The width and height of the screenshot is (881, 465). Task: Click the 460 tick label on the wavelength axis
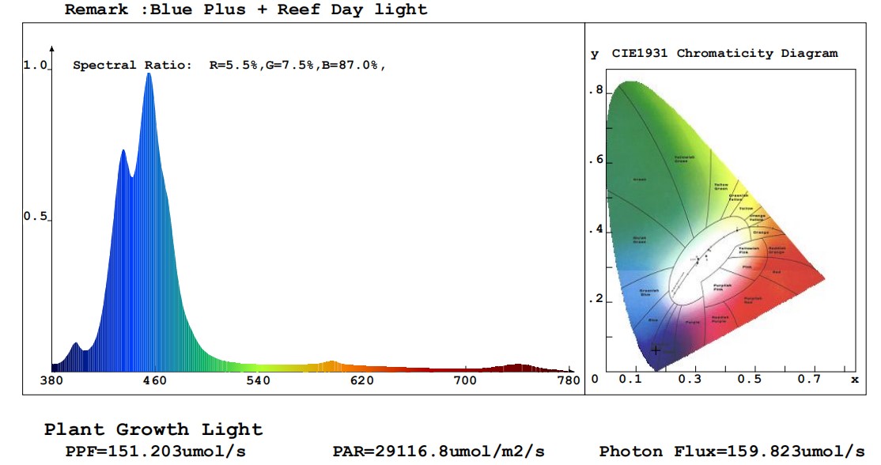(155, 380)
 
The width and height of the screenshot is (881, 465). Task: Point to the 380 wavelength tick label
(51, 380)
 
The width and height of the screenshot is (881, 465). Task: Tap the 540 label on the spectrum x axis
(258, 380)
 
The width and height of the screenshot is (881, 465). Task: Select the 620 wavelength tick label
(361, 380)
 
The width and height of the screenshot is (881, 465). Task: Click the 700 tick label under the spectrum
(465, 380)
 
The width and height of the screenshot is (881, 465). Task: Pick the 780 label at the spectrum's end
(569, 380)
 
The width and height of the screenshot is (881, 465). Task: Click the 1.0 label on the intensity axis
(36, 66)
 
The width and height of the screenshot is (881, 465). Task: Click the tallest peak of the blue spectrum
(148, 74)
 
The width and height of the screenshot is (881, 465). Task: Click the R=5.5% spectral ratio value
(233, 66)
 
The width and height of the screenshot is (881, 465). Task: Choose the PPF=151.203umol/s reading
(155, 451)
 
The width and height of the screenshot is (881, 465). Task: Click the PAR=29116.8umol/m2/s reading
(438, 451)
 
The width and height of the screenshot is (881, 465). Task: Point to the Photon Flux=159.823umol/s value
(732, 451)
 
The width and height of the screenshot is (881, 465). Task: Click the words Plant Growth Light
(153, 429)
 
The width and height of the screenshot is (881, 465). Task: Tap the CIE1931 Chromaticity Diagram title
(724, 54)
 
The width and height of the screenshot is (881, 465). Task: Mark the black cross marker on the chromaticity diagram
(656, 350)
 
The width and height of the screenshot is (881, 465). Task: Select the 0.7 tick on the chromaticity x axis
(809, 380)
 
